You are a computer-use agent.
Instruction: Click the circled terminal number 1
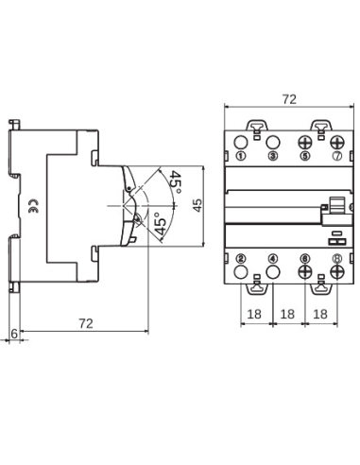click(x=242, y=155)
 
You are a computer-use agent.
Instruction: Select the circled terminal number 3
click(x=273, y=155)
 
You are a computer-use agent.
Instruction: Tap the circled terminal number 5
click(x=305, y=155)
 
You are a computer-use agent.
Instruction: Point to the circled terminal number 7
click(x=336, y=155)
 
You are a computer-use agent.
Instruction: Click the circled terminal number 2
click(x=242, y=257)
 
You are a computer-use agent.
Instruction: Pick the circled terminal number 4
click(x=273, y=257)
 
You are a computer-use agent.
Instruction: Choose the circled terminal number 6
click(x=305, y=257)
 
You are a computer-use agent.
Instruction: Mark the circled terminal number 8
click(x=336, y=257)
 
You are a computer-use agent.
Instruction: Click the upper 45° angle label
click(x=176, y=181)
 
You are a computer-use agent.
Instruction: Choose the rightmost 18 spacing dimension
click(x=320, y=313)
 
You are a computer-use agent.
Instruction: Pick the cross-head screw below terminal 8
click(x=336, y=273)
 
